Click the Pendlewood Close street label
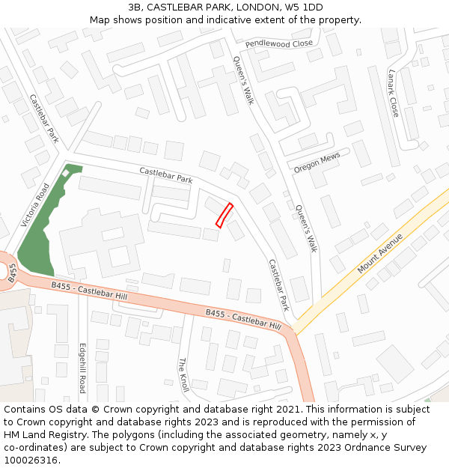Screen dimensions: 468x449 [x=278, y=44]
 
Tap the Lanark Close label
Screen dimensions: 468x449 [x=394, y=93]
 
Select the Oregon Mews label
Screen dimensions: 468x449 [x=317, y=162]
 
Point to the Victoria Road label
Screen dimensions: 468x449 [x=35, y=205]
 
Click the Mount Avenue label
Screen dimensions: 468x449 [x=380, y=253]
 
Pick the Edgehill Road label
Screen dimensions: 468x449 [x=82, y=368]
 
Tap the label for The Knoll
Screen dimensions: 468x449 [x=183, y=375]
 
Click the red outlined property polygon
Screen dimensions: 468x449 [x=224, y=215]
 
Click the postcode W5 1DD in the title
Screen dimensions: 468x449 [x=304, y=7]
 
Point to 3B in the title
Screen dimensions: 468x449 [x=135, y=7]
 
